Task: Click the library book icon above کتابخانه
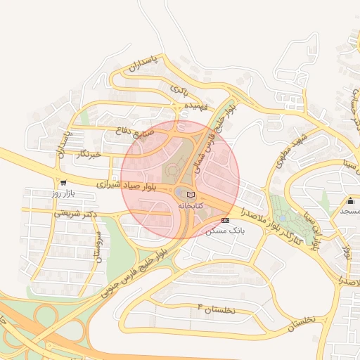[x=191, y=194]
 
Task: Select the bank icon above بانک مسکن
[x=225, y=220]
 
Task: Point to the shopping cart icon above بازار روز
[x=63, y=182]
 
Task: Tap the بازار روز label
[x=63, y=193]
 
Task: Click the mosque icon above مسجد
[x=350, y=201]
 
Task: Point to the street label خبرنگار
[x=89, y=153]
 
